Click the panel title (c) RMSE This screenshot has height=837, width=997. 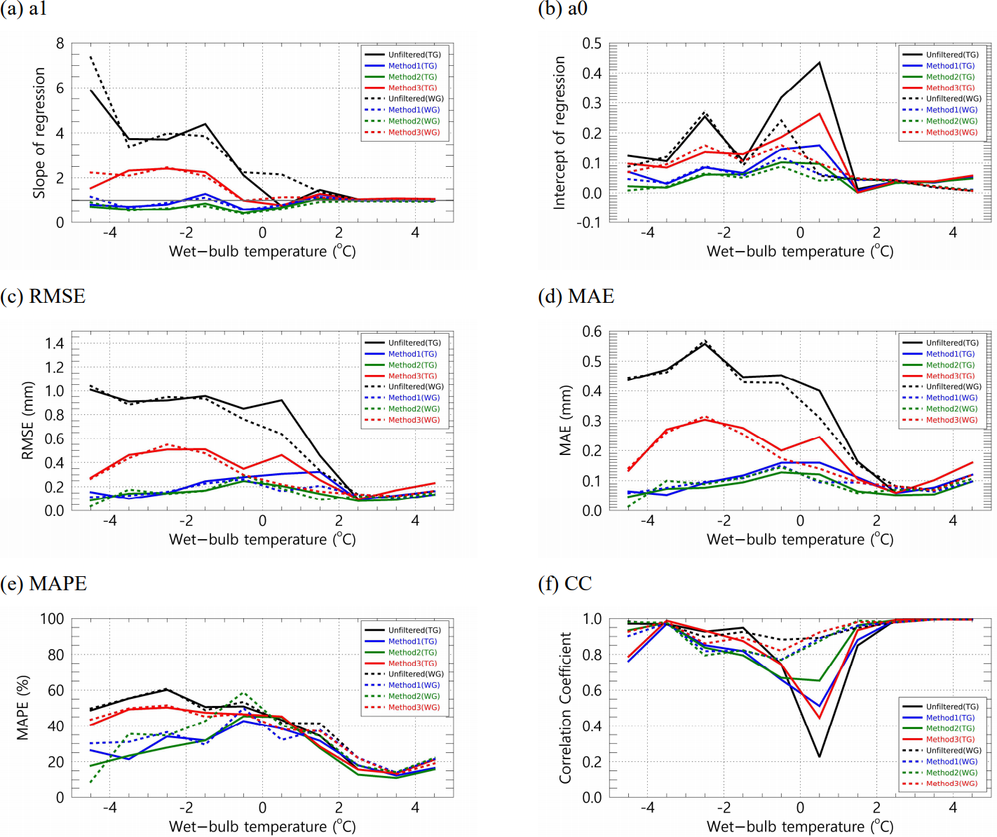[x=43, y=297]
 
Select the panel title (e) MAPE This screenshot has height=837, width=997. [x=44, y=584]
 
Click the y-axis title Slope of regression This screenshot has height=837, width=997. [x=39, y=133]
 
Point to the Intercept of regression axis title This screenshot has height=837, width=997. [x=559, y=133]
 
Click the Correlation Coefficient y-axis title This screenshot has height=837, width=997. [x=565, y=708]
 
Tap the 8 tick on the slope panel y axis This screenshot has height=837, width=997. [x=60, y=44]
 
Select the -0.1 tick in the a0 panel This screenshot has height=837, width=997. [x=591, y=223]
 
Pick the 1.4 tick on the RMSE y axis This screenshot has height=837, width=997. [x=55, y=343]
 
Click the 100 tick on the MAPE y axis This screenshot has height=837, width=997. [x=52, y=619]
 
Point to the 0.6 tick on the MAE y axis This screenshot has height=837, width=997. [x=592, y=332]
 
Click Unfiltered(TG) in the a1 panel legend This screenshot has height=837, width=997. [x=414, y=55]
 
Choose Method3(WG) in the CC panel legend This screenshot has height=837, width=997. [x=951, y=784]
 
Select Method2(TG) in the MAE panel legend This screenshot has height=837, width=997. [x=950, y=365]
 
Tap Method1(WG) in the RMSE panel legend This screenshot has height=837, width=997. [x=414, y=398]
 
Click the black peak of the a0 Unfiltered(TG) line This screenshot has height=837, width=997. [x=819, y=62]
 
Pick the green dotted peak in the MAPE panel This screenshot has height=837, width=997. [x=243, y=693]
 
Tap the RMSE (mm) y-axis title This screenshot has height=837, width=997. [x=28, y=421]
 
